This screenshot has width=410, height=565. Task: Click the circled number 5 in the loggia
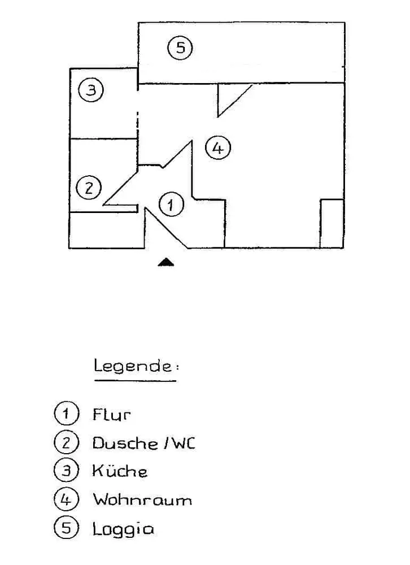180,47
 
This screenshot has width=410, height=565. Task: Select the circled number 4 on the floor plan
218,149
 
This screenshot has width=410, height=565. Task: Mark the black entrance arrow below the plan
165,261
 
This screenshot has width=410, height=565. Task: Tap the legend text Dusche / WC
143,443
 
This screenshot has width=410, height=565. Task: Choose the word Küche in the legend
120,471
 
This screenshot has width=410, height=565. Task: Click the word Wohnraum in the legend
142,500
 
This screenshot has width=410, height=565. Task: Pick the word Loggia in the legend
123,529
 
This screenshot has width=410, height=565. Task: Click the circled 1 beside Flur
66,414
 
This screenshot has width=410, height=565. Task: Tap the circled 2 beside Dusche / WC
66,443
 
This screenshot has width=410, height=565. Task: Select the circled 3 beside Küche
66,471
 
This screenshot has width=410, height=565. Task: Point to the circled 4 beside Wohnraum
66,500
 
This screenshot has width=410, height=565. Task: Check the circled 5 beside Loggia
66,529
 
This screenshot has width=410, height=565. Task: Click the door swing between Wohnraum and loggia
234,101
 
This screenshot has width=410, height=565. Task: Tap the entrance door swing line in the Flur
167,228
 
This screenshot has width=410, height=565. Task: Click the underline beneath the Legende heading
135,381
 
